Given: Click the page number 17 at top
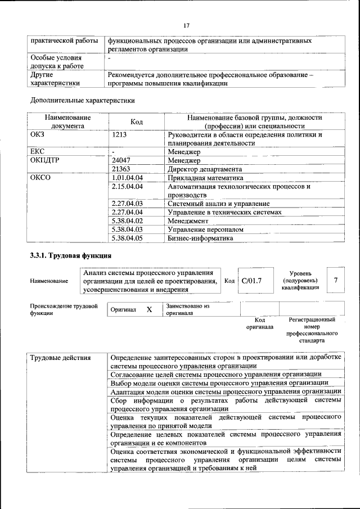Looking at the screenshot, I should [187, 25].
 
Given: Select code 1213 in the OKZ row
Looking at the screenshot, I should [120, 135].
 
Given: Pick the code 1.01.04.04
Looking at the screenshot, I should [128, 178].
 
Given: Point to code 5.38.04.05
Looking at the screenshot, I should [128, 238].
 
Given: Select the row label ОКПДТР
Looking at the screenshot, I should [44, 160].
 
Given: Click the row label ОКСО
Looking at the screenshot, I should [40, 178].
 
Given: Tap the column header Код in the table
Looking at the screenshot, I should [137, 121].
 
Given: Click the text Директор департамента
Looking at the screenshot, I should [205, 169].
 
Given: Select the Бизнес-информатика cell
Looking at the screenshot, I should [200, 238].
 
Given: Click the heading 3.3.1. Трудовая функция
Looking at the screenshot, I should [64, 256].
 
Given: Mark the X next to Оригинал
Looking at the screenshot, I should [149, 309].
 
